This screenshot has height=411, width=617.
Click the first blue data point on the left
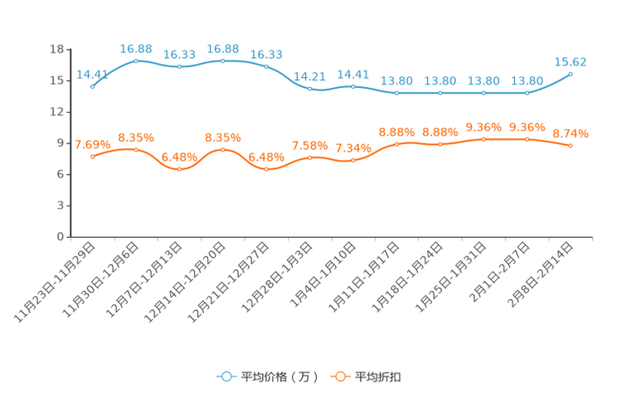coord(92,86)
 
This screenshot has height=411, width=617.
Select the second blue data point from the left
coord(136,60)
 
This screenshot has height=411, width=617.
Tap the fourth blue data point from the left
coord(223,60)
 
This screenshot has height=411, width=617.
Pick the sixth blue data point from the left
coord(310,88)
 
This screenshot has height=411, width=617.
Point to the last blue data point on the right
coord(571,74)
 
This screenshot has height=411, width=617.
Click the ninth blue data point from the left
coord(440,92)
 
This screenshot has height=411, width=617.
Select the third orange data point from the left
coord(179,170)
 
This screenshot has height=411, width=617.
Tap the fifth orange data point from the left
coord(266,170)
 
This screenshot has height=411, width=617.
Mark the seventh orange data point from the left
coord(353,160)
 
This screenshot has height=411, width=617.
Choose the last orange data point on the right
coord(571,146)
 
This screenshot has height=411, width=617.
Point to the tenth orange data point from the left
coord(483,139)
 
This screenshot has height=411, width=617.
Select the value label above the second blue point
coord(136,47)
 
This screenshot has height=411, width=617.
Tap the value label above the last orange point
coord(571,133)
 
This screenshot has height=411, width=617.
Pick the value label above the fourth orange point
coord(223,137)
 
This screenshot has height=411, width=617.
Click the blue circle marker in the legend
coord(226,376)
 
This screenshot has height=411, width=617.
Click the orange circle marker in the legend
coord(338,376)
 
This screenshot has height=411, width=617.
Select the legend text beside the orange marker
coord(379,377)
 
